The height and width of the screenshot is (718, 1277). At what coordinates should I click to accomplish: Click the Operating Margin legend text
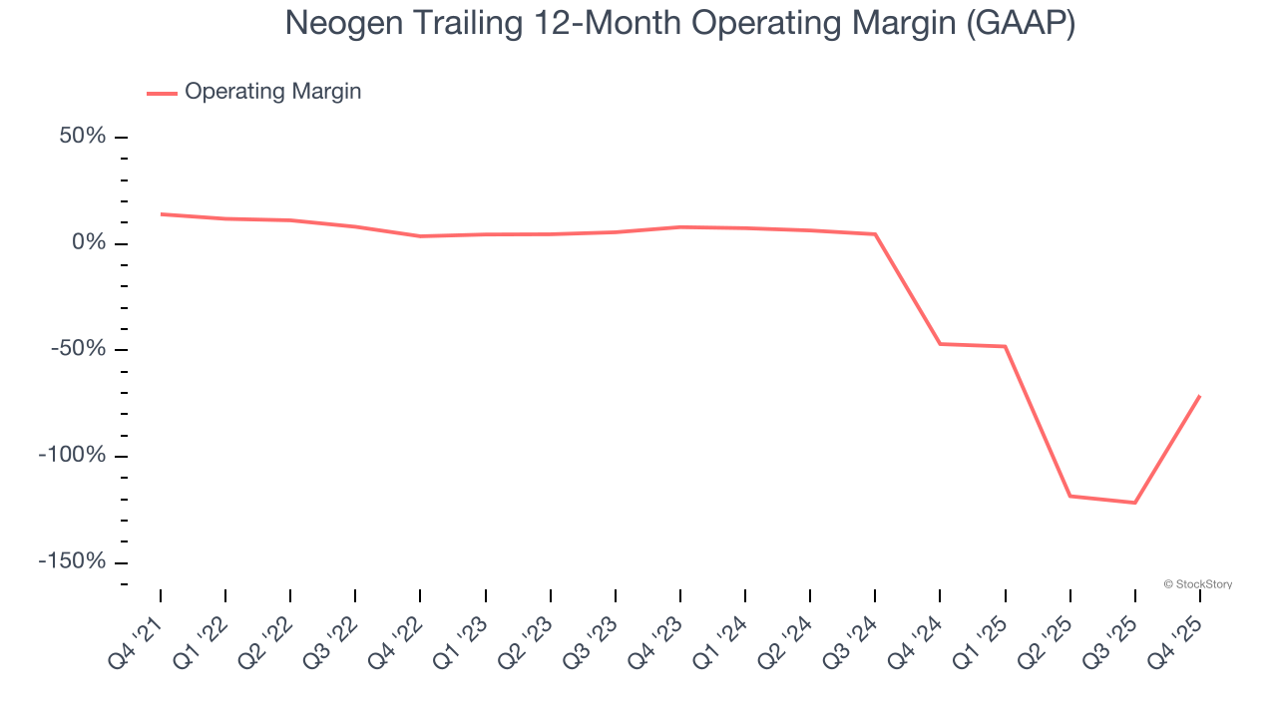[x=272, y=92]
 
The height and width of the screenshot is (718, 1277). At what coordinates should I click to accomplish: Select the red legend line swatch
[x=162, y=93]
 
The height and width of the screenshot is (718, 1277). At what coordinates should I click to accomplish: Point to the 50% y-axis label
[x=83, y=137]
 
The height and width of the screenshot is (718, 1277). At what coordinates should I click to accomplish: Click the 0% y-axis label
[x=89, y=243]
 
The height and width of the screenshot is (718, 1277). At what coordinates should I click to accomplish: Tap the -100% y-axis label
[x=73, y=456]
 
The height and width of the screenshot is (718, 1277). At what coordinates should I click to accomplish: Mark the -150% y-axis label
[x=73, y=561]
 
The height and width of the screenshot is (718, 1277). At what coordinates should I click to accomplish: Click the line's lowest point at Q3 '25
[x=1134, y=503]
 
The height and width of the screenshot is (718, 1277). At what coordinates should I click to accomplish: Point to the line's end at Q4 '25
[x=1199, y=396]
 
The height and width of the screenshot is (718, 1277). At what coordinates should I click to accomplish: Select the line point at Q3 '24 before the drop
[x=875, y=234]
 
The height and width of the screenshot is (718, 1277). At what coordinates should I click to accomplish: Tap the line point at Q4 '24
[x=940, y=344]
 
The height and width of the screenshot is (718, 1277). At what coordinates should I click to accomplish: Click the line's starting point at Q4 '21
[x=161, y=213]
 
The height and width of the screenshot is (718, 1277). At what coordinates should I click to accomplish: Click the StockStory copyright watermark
[x=1197, y=584]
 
